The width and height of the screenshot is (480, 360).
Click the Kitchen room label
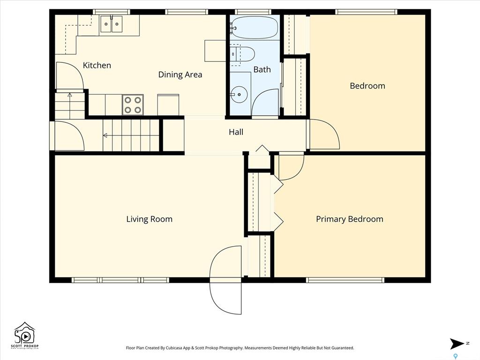[97, 65]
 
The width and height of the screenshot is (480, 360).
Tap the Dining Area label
[180, 75]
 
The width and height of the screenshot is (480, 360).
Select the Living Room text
[150, 219]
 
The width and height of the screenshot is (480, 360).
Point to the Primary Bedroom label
[350, 219]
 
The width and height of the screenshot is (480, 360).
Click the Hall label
[236, 132]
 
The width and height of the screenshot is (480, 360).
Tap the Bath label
[262, 69]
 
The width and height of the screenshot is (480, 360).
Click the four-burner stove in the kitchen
[133, 105]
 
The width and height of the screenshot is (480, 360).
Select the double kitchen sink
[112, 24]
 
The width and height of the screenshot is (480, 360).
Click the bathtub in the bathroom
[254, 28]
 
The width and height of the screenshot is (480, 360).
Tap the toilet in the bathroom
[242, 54]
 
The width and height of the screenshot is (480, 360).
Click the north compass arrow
[457, 344]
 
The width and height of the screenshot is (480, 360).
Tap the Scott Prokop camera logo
[25, 335]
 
